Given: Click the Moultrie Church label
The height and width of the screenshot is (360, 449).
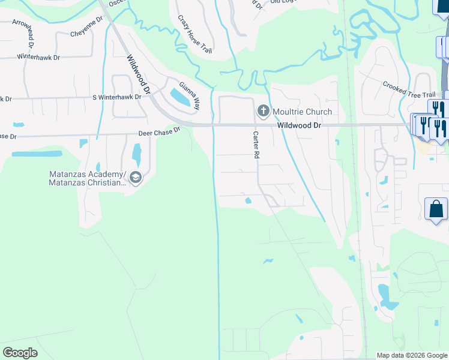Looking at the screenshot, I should pos(302,112).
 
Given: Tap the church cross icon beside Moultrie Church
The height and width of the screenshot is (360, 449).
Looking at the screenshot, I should pos(262,111).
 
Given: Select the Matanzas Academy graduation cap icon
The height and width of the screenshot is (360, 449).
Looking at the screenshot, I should pos(135,178).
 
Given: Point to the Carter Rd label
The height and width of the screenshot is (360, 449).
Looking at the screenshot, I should pos(256,145).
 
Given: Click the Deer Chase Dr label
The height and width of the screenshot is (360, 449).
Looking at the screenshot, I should pos(159,132).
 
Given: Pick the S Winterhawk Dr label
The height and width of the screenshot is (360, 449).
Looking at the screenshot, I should pos(116,97).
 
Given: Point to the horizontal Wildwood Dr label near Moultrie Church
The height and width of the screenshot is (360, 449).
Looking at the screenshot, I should pos(300,125).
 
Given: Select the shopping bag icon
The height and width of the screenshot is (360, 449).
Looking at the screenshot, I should pos(436,209).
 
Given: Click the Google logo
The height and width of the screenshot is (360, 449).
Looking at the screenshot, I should pos(20,352).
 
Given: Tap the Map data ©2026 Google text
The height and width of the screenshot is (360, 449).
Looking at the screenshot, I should pos(412,355).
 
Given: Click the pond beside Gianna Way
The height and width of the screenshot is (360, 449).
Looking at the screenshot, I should pos(184,98).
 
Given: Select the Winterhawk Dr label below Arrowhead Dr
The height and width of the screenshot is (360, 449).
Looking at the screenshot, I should pos(39,58).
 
